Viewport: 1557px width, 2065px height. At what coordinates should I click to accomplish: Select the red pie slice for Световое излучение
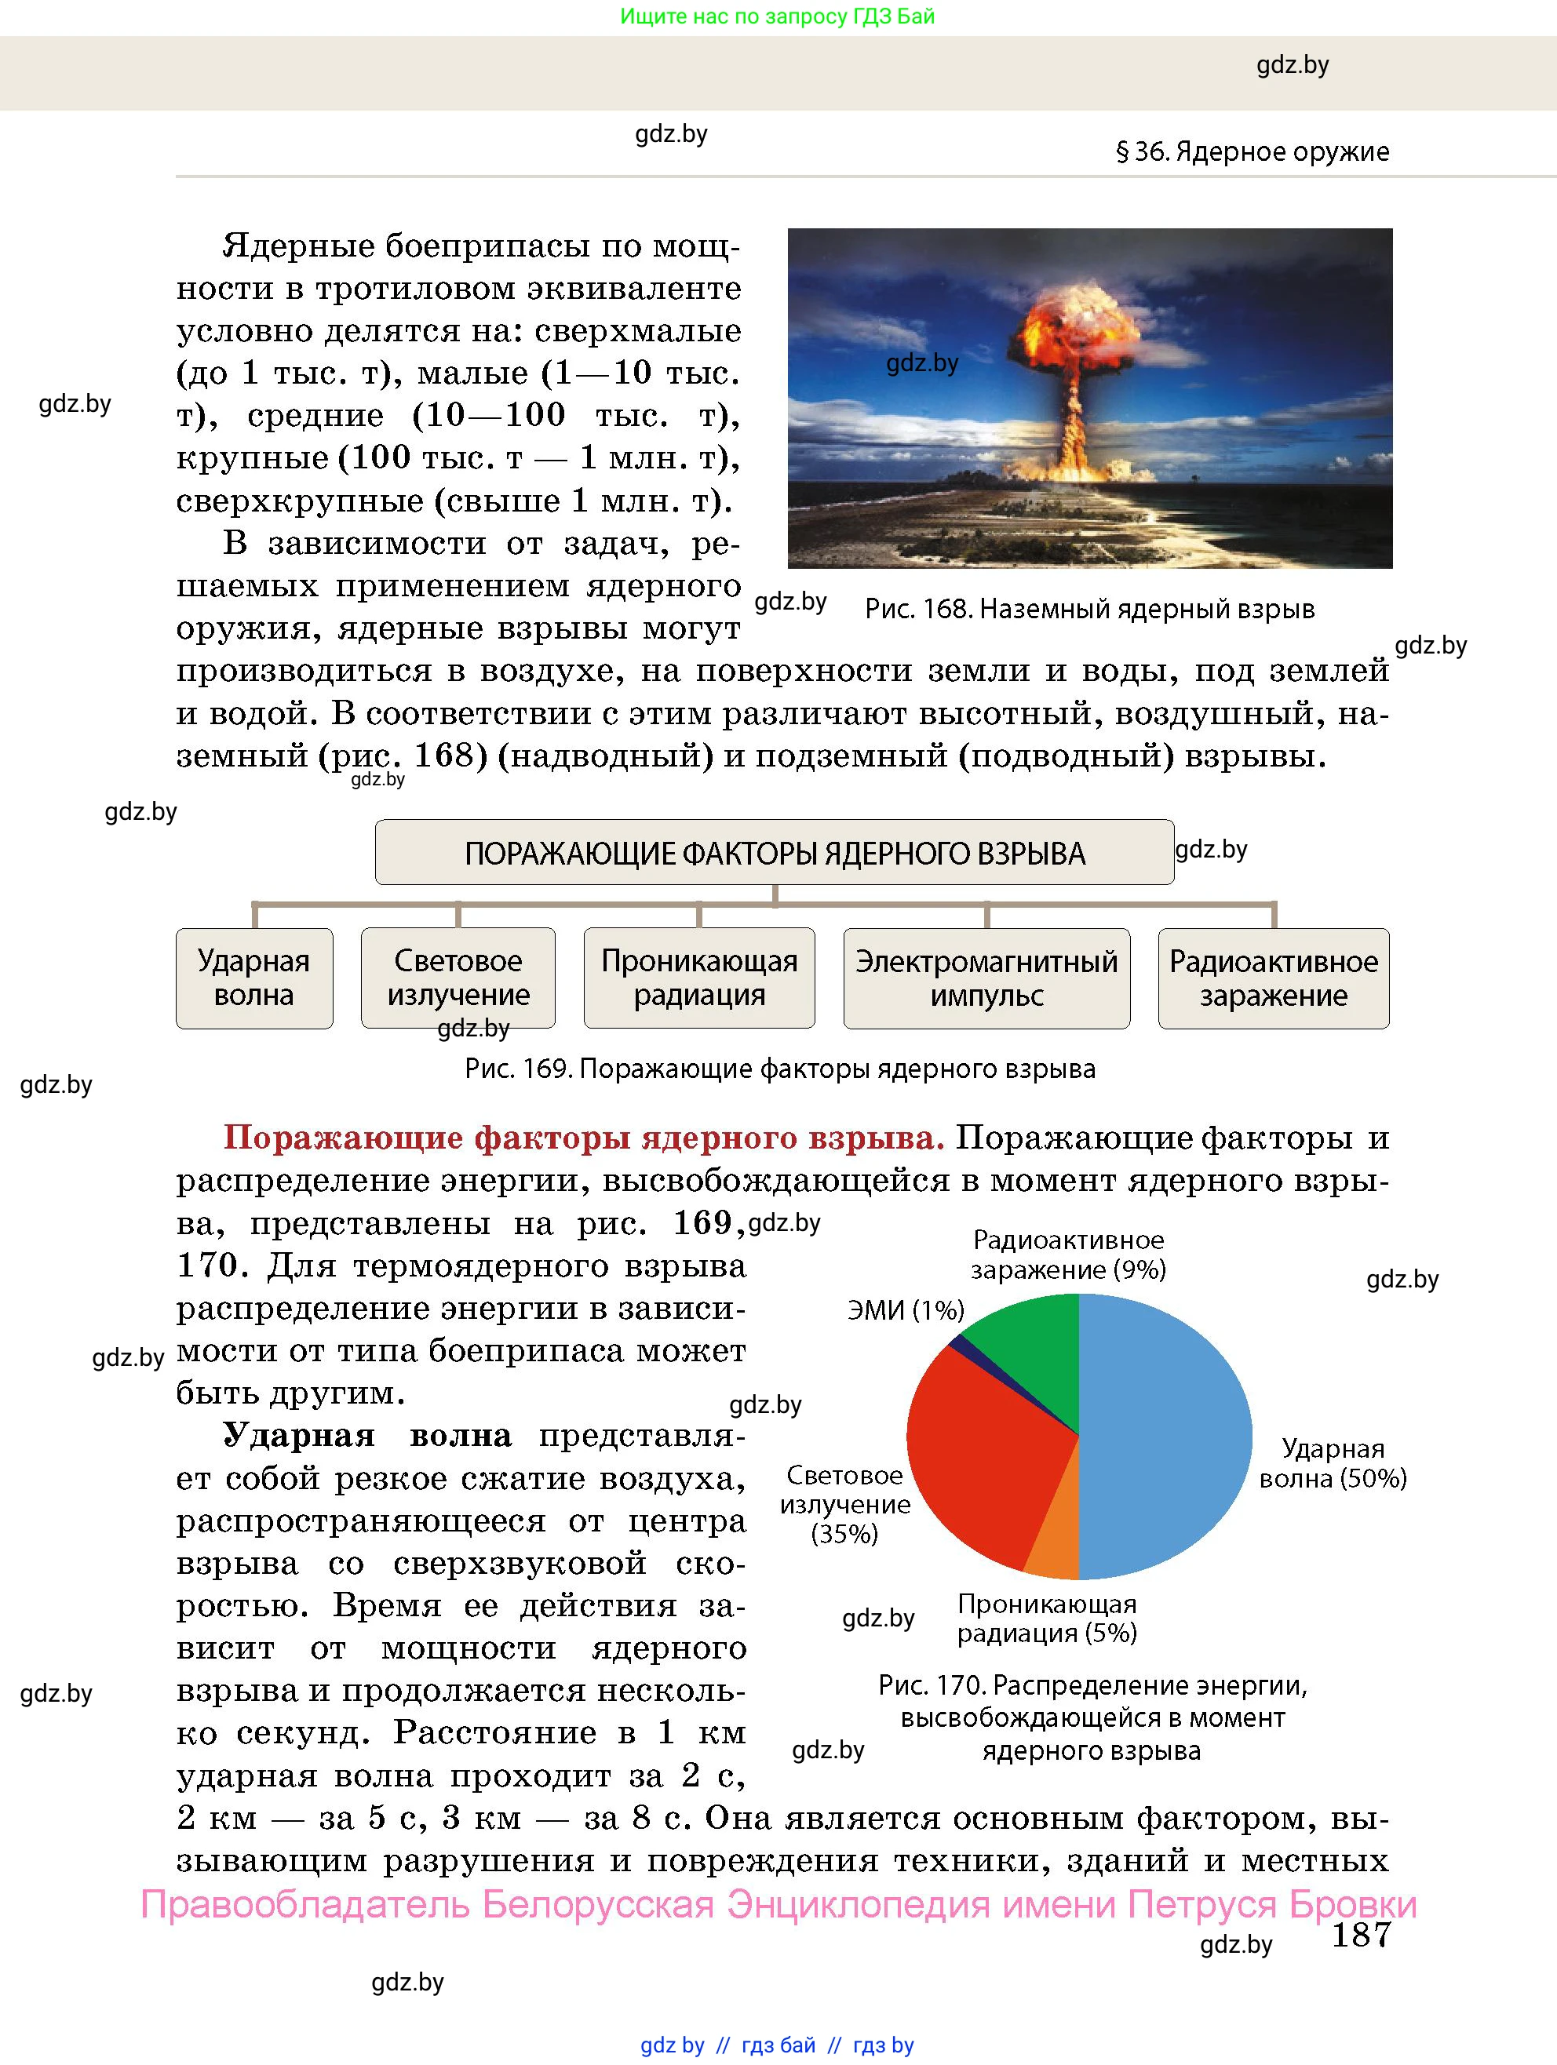[x=981, y=1456]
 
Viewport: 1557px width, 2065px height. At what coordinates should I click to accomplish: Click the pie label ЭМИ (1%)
[x=905, y=1311]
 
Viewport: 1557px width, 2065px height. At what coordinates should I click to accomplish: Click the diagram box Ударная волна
[x=254, y=978]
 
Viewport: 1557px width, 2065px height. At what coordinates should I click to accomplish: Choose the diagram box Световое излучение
[x=458, y=978]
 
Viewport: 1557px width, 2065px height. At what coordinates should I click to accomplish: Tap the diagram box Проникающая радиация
[x=698, y=978]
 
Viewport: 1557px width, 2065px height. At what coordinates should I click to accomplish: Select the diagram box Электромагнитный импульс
[x=986, y=978]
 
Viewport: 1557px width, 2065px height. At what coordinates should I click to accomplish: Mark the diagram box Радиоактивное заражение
[x=1273, y=978]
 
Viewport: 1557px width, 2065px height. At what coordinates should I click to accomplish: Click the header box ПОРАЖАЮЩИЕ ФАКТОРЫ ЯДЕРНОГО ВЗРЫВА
[x=775, y=852]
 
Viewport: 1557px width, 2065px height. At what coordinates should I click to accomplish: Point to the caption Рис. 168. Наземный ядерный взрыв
[x=1089, y=610]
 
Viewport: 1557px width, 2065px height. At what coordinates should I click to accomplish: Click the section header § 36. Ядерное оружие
[x=1252, y=151]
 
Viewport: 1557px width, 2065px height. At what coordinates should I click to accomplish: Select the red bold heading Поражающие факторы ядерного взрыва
[x=584, y=1138]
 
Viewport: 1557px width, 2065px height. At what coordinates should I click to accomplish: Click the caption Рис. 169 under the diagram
[x=780, y=1069]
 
